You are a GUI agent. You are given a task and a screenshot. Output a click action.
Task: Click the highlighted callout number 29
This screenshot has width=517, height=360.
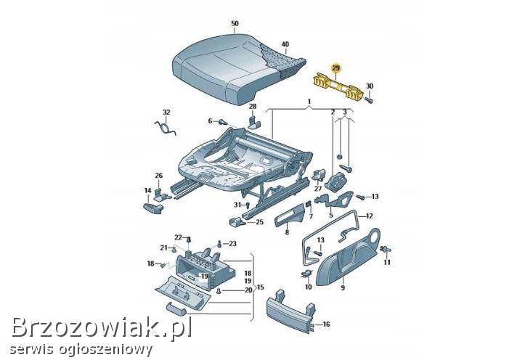(x=335, y=68)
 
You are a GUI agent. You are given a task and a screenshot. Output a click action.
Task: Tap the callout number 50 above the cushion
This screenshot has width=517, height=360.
(x=235, y=24)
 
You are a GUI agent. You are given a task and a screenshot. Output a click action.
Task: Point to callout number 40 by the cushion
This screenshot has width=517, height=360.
(x=285, y=44)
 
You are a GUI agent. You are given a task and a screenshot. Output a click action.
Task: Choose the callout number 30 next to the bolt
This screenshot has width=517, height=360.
(x=370, y=86)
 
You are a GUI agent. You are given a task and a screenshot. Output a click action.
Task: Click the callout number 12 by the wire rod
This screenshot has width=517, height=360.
(x=370, y=216)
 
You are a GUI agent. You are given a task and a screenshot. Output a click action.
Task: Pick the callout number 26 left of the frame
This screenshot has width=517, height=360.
(x=159, y=175)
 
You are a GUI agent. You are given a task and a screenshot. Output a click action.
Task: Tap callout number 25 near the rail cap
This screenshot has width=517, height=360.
(x=259, y=221)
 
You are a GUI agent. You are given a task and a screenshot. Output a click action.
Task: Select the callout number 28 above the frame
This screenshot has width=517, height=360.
(x=253, y=107)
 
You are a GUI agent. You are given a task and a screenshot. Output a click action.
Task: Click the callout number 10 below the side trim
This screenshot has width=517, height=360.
(x=308, y=286)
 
